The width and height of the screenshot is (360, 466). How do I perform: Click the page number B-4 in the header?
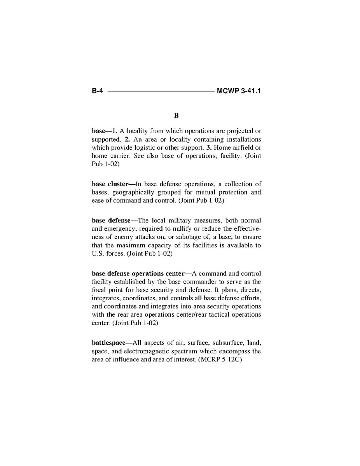click(x=97, y=91)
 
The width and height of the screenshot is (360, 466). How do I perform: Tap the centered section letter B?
click(x=176, y=116)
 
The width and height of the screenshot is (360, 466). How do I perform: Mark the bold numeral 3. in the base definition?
click(x=209, y=147)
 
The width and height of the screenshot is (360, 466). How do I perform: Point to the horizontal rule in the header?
click(x=161, y=92)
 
